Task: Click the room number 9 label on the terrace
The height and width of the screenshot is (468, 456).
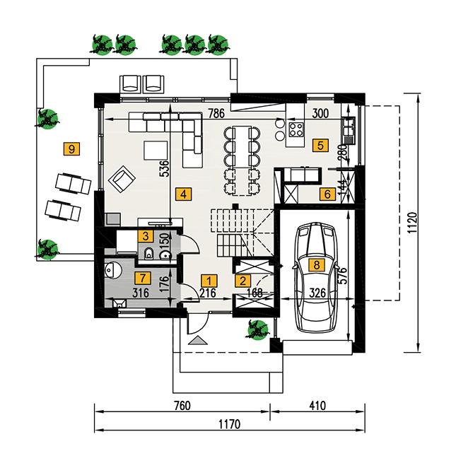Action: [x=71, y=148]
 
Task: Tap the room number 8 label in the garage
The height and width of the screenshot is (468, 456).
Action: [x=316, y=265]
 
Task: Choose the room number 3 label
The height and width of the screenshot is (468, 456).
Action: [x=145, y=235]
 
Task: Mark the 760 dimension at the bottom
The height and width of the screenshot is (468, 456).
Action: [x=182, y=406]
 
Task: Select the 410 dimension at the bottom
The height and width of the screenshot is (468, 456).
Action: [x=316, y=406]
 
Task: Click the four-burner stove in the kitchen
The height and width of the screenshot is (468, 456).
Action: [x=296, y=130]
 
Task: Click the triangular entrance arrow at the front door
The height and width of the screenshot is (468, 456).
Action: [x=199, y=340]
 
